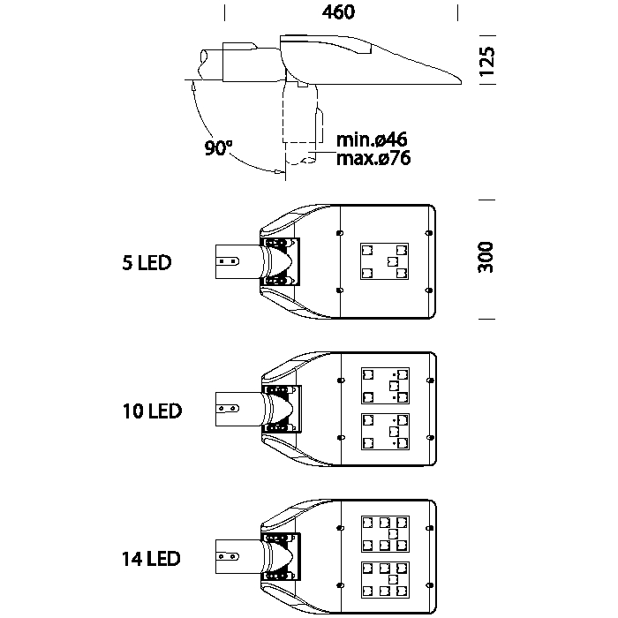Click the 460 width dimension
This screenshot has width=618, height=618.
[340, 12]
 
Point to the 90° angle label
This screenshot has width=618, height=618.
[217, 148]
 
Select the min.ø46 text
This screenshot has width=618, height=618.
[371, 140]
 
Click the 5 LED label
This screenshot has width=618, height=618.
[147, 262]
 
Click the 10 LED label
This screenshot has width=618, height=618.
[152, 411]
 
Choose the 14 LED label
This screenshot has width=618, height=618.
[152, 559]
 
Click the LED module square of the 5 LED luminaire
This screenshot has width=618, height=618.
[385, 261]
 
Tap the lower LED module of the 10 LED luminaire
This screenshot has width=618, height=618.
[385, 432]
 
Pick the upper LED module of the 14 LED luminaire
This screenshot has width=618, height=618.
[385, 533]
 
